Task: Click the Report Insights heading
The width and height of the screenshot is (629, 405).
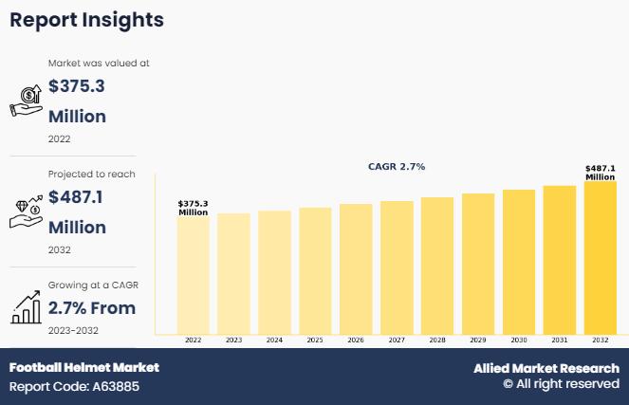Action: pos(86,20)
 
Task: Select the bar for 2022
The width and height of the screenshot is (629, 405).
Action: pos(193,275)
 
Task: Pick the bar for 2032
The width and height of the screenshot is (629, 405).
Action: pos(600,257)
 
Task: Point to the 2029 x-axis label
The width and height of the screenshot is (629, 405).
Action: pos(478,340)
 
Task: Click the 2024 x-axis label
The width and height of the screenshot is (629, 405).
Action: pos(274,340)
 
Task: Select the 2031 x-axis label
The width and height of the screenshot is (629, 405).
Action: pos(560,340)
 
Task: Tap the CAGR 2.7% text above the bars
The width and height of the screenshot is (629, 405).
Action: pos(397,167)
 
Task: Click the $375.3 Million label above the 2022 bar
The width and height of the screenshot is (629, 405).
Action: pos(193,208)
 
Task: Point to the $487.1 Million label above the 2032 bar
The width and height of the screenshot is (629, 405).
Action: pos(600,173)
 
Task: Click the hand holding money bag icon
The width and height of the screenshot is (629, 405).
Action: pos(25,99)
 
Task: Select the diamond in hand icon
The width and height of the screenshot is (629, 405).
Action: pos(26,211)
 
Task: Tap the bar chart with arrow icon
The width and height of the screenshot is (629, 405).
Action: pos(26,306)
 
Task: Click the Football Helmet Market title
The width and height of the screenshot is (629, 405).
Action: pos(84,367)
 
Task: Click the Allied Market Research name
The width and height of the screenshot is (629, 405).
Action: pos(546,368)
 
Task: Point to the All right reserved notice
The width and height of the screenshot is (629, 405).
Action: pos(561,384)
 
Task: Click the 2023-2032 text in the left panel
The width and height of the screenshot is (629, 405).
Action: pos(73,330)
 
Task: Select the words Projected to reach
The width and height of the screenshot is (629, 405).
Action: pos(91,175)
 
